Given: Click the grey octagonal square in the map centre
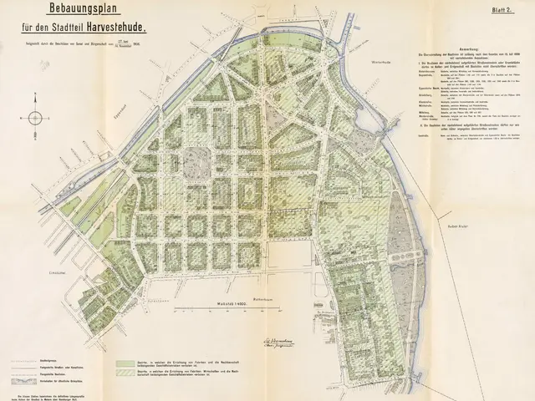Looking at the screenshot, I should tap(196, 160).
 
